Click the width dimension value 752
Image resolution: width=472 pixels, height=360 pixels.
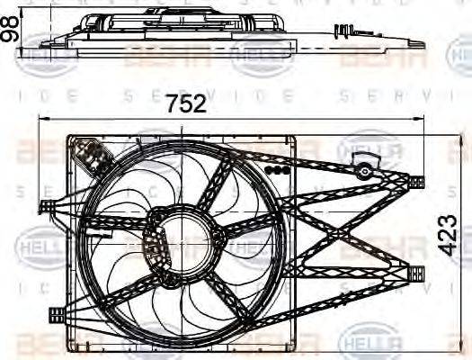coord(187,104)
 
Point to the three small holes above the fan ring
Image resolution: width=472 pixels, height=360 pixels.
coord(278,170)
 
